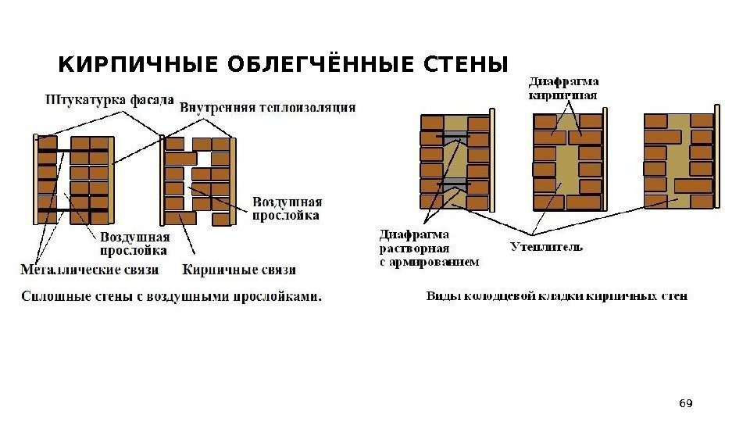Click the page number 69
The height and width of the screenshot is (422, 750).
[686, 403]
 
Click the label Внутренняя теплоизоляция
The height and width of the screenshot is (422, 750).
[268, 107]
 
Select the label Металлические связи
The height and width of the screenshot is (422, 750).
[89, 270]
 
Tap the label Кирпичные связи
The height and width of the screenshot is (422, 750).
[239, 270]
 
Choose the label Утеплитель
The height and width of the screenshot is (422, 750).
[546, 248]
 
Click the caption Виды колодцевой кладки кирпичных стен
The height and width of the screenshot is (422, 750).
[557, 296]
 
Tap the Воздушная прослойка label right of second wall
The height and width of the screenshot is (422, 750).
[286, 209]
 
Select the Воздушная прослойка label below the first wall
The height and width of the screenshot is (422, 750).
[134, 244]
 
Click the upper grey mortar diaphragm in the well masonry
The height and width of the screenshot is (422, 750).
[453, 138]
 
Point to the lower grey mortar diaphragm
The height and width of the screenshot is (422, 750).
[453, 185]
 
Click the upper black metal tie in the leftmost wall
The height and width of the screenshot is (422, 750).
[74, 150]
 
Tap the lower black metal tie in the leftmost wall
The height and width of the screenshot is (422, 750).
[74, 209]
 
